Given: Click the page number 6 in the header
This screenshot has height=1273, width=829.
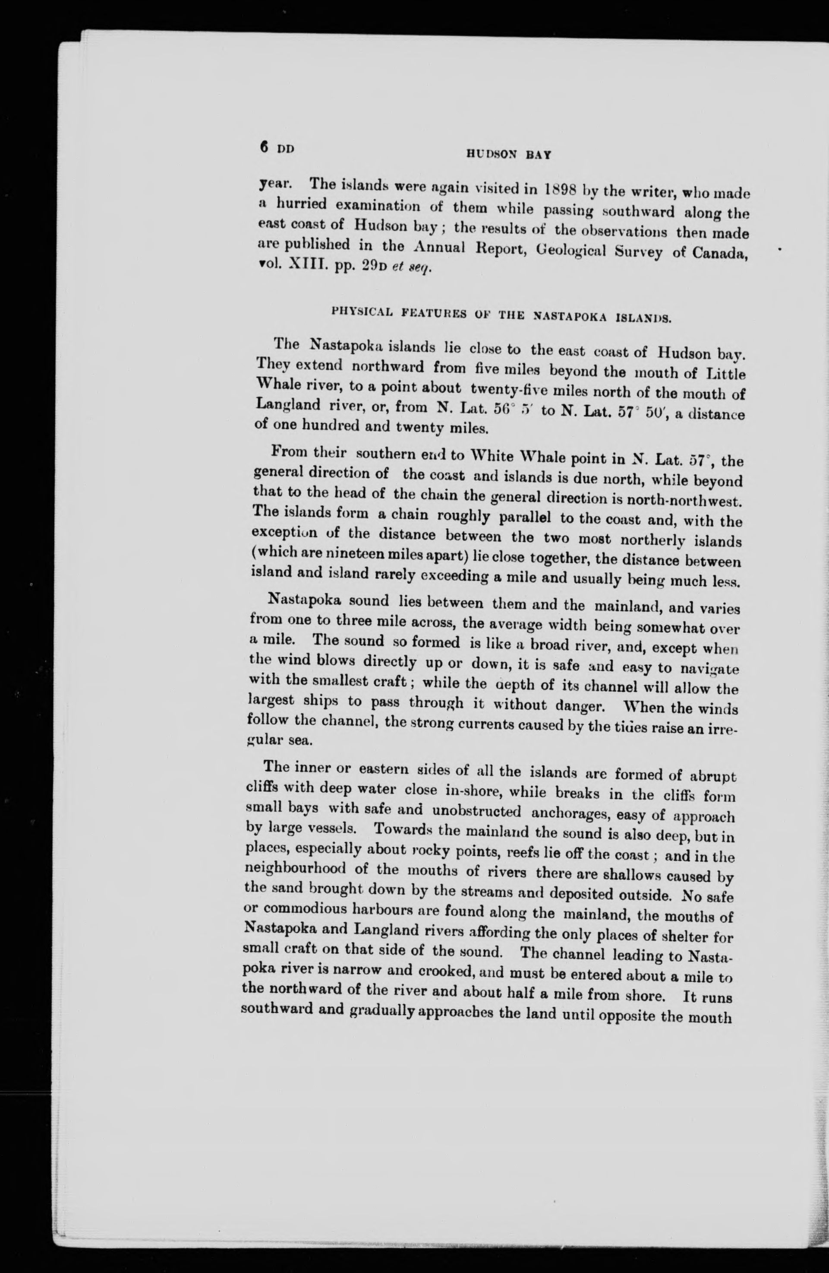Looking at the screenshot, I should coord(264,146).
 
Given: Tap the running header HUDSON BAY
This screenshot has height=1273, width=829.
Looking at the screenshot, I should coord(509,155).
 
